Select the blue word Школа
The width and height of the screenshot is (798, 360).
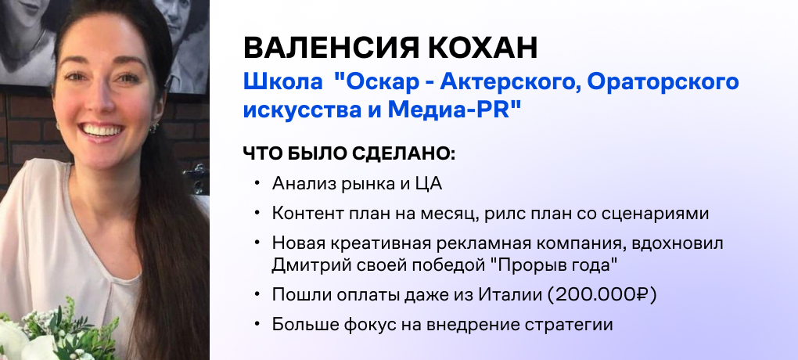click(x=282, y=82)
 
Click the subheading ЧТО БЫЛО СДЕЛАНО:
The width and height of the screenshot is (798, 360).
click(x=349, y=153)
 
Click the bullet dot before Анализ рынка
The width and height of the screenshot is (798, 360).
click(x=257, y=184)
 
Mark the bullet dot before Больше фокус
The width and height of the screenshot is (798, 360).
click(x=257, y=324)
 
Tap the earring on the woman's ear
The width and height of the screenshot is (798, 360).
click(x=153, y=128)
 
